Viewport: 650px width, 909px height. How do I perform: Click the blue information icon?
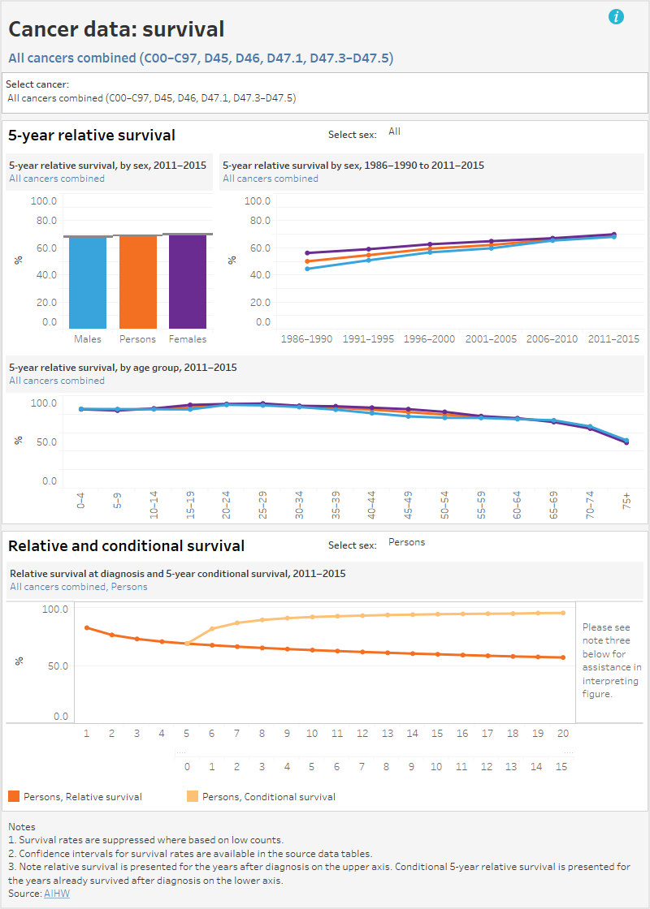(x=616, y=16)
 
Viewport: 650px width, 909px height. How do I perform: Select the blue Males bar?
(x=88, y=282)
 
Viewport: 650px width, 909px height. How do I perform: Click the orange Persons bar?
(x=137, y=282)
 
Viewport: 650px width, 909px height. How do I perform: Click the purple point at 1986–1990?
(x=307, y=253)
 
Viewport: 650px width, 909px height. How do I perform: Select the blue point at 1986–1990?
(x=307, y=269)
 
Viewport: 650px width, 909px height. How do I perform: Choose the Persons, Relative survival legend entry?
(x=82, y=796)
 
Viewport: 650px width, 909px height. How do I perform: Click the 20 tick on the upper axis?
(x=561, y=733)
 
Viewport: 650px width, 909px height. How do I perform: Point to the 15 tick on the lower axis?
(x=561, y=766)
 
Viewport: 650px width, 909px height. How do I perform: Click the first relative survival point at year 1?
(x=87, y=627)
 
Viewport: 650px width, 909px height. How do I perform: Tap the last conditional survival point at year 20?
(x=562, y=613)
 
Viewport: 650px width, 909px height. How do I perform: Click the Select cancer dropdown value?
(x=151, y=97)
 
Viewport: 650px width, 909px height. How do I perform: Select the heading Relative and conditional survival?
(x=126, y=545)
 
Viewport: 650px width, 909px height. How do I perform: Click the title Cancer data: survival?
(x=116, y=30)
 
